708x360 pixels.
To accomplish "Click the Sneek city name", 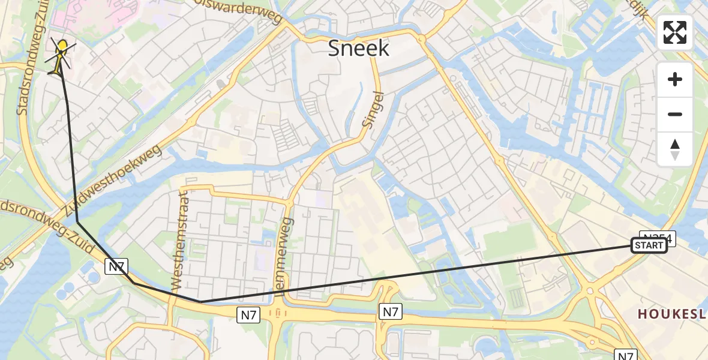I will click(x=358, y=48).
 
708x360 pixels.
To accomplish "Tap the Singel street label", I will click(x=373, y=109).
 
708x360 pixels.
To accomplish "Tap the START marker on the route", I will click(x=649, y=245).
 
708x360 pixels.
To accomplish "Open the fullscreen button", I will click(x=675, y=32).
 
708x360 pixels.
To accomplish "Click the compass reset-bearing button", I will click(x=675, y=149).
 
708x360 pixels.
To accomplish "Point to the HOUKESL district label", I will click(x=672, y=314).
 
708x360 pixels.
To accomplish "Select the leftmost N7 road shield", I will click(x=116, y=266).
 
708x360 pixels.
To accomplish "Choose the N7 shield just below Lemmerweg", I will click(x=250, y=314).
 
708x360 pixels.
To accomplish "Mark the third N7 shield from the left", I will click(x=389, y=311).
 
